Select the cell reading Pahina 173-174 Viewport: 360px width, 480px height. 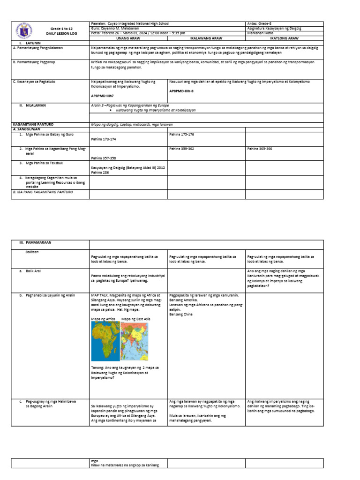point(104,139)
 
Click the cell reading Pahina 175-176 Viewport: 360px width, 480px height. point(181,134)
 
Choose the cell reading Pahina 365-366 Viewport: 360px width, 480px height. point(259,149)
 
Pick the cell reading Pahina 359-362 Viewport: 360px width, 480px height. point(181,149)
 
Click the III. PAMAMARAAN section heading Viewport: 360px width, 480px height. point(38,244)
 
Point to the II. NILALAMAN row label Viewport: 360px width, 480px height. point(33,105)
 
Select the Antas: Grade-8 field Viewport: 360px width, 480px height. point(258,23)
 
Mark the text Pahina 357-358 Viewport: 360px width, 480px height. point(104,158)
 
